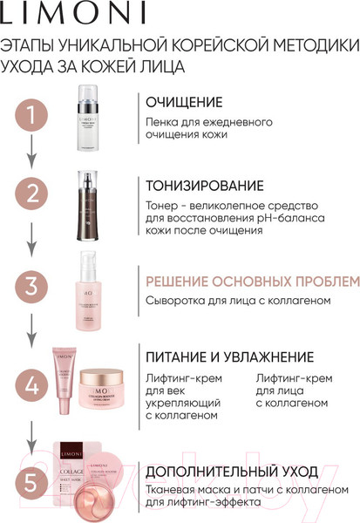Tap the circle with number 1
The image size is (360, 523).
[x=32, y=115]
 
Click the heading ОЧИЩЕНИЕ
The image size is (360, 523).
[x=183, y=102]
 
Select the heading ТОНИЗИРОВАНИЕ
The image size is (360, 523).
[x=204, y=186]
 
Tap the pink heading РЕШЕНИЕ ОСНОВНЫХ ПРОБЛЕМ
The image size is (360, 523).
[x=252, y=282]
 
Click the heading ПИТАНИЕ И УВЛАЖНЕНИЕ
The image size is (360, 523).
[x=229, y=357]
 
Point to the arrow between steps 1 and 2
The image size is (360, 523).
[x=32, y=154]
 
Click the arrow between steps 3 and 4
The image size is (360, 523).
[x=32, y=333]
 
